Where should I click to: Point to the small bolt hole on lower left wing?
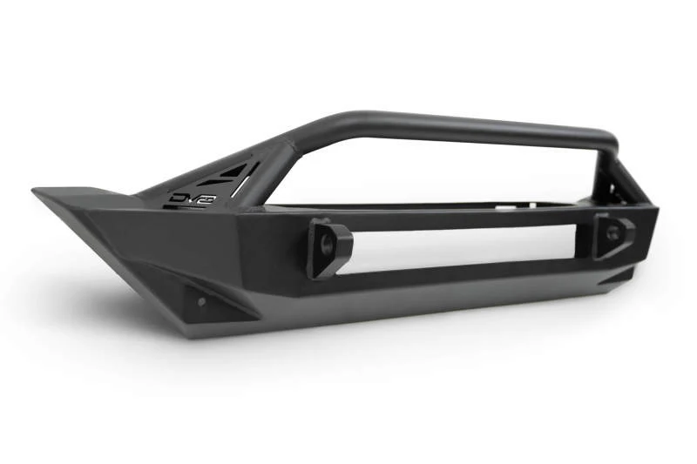point(201,301)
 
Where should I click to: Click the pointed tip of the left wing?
point(37,191)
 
